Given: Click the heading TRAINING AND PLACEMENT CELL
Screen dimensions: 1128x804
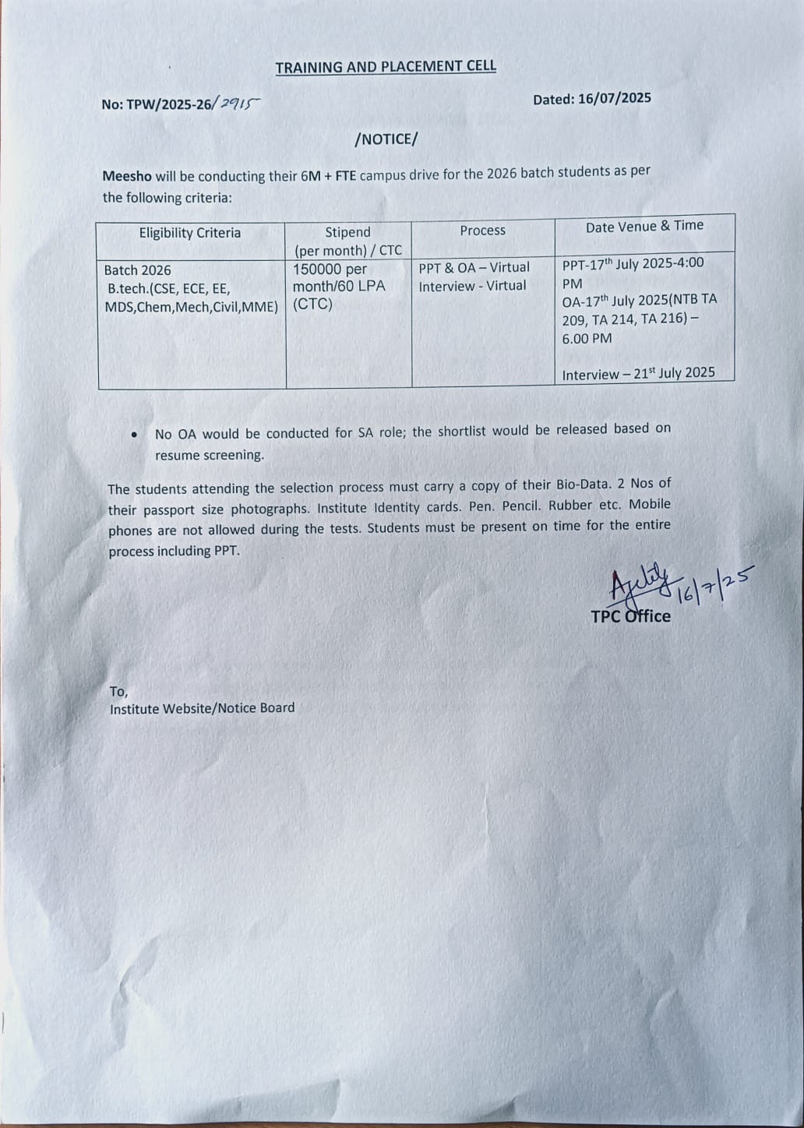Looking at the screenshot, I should click(386, 67).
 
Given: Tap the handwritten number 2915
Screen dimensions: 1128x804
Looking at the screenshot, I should click(239, 102).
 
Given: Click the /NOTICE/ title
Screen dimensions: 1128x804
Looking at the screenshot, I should click(386, 139).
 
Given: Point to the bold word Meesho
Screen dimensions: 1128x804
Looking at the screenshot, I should click(127, 176).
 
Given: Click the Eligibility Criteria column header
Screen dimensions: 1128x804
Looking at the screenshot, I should click(190, 233).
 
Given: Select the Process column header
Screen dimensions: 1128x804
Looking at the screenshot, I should click(482, 231).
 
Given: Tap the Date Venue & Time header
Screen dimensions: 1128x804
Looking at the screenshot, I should click(644, 226).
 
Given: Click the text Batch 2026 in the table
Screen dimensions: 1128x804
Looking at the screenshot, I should click(138, 270).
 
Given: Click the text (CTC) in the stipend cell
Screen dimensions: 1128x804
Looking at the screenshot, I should click(312, 305).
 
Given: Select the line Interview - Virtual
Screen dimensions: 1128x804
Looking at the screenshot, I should click(472, 286).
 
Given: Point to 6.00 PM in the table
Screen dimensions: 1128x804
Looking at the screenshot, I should click(587, 339).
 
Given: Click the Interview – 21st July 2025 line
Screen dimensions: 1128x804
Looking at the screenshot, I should click(638, 374).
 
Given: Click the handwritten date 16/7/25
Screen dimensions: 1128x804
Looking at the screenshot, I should click(714, 586).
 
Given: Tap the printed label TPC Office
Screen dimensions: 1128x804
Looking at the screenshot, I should click(630, 616).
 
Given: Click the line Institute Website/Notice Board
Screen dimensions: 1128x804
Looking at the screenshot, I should click(202, 708).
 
